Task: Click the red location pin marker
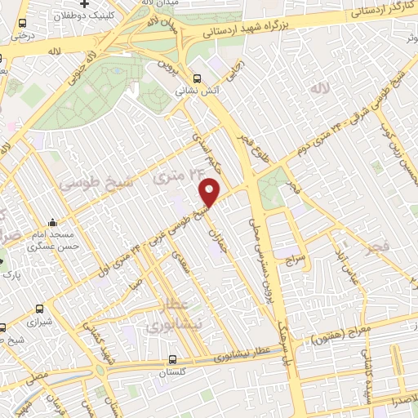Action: pos(210,191)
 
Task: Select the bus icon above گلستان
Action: pos(172,358)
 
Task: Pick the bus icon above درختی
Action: pos(21,24)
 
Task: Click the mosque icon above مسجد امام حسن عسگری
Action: pos(53,223)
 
